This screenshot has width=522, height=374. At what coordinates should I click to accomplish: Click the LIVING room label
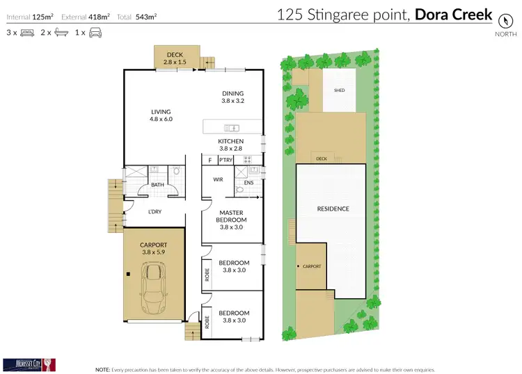click(x=161, y=112)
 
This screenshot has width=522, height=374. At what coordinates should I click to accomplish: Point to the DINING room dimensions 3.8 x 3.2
click(x=233, y=101)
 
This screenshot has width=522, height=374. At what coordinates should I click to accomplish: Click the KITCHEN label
click(x=231, y=141)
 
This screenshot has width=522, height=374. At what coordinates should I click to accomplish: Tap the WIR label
click(x=218, y=179)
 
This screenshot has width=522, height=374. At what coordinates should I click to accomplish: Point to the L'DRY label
click(x=155, y=212)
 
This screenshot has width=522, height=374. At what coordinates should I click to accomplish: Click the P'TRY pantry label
click(x=225, y=161)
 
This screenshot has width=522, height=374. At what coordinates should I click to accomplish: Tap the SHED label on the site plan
click(x=340, y=90)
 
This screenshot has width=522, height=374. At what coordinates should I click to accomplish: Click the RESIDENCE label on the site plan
click(x=333, y=209)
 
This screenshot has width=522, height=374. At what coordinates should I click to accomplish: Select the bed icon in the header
click(x=28, y=33)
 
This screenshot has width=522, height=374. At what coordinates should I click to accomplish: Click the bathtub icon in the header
click(x=62, y=33)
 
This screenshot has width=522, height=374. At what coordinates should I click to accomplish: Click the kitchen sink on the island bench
click(x=231, y=127)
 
